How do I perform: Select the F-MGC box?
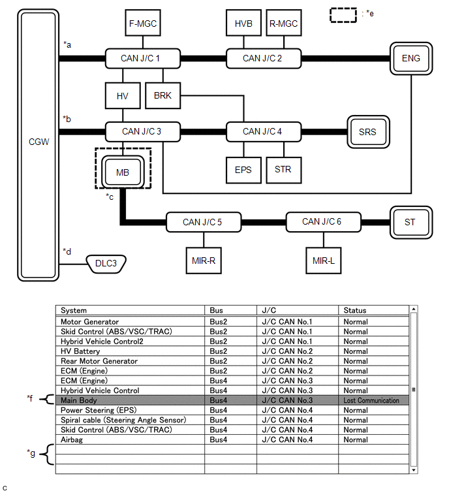click(x=142, y=24)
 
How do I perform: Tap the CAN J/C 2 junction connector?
click(x=263, y=58)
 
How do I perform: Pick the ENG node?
click(x=410, y=58)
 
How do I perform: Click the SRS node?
click(x=367, y=132)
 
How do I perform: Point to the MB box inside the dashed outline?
click(x=123, y=172)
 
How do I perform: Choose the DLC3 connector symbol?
click(x=106, y=264)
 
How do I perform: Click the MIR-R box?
click(x=203, y=260)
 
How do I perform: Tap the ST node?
click(x=410, y=222)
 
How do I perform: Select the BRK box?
click(x=163, y=95)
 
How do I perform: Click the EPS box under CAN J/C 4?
click(x=243, y=169)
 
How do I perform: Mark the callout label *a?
click(x=67, y=44)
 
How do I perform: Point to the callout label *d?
click(x=67, y=251)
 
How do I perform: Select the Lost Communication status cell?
click(x=371, y=400)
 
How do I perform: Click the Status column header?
click(x=355, y=310)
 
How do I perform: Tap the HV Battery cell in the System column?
click(x=80, y=351)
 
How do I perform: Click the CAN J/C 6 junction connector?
click(x=323, y=222)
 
